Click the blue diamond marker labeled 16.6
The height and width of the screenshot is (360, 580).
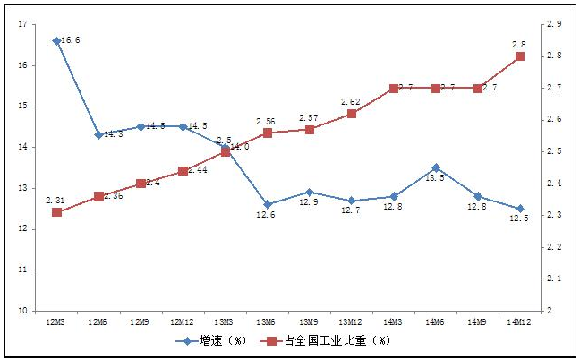(56, 41)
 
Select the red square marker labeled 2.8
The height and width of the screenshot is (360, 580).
(520, 56)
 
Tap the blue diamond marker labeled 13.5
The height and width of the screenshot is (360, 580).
(435, 167)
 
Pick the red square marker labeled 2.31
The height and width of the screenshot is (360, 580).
(56, 212)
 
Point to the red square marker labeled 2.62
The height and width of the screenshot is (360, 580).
(351, 114)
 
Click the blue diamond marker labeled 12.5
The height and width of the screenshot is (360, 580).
(520, 209)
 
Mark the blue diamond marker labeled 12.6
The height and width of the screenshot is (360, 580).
(267, 204)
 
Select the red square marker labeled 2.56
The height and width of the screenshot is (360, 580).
(267, 133)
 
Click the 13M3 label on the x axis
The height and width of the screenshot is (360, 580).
(225, 321)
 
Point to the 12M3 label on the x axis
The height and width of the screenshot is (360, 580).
(56, 321)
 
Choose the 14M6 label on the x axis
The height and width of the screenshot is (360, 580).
(435, 321)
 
